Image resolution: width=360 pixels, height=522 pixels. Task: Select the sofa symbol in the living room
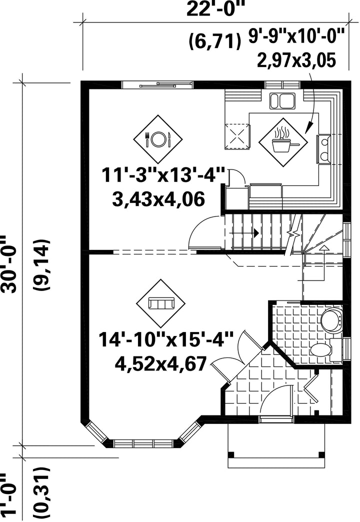tap(161, 303)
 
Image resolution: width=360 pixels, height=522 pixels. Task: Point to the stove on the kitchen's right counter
tap(323, 149)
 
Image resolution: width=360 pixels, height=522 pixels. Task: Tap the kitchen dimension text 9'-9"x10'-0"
tap(296, 36)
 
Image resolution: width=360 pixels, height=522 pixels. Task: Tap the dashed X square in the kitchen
tap(237, 136)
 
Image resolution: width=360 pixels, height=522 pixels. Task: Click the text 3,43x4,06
tap(158, 200)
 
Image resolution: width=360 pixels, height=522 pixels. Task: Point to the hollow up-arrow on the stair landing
tap(323, 247)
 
